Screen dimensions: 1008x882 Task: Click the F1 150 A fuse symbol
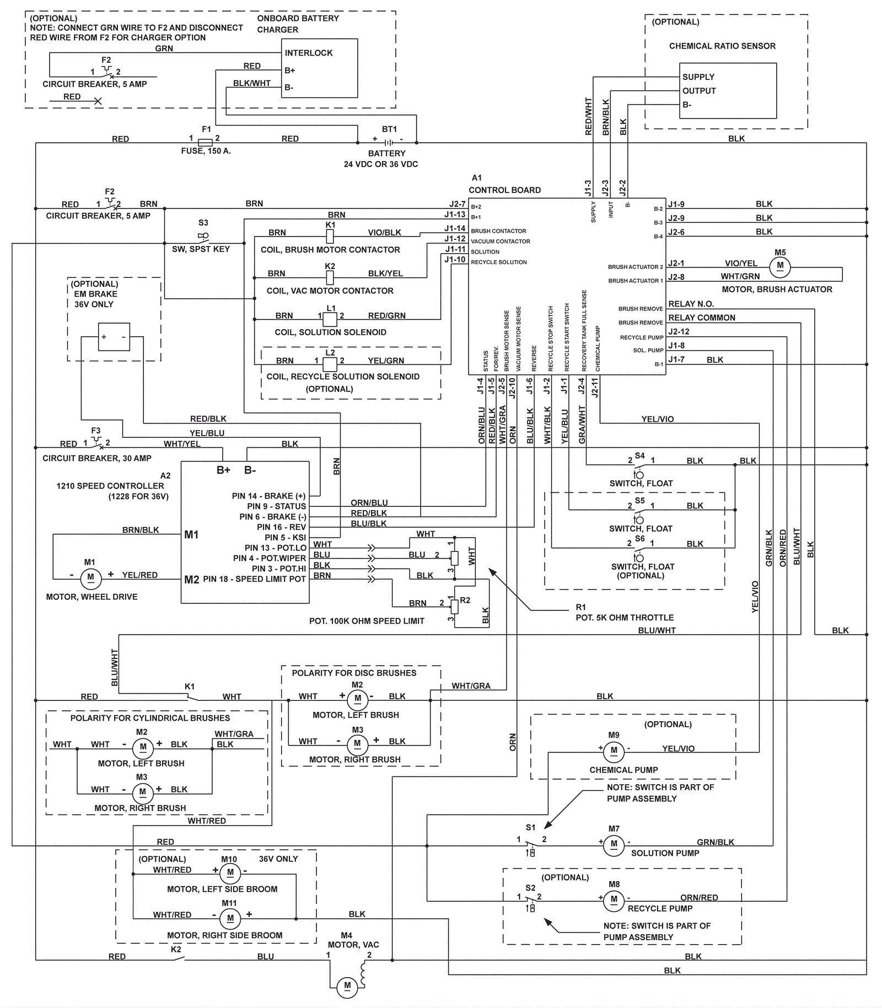[x=205, y=143]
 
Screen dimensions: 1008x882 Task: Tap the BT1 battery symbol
[x=389, y=142]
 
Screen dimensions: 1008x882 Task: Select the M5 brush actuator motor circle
[x=780, y=266]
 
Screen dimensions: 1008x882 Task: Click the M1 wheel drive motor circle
[x=90, y=577]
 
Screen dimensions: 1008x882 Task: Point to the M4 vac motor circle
[x=347, y=985]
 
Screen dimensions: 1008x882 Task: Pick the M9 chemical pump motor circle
[x=614, y=750]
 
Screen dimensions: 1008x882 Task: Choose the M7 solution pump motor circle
[x=614, y=844]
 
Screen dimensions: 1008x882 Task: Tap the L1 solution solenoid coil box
[x=330, y=319]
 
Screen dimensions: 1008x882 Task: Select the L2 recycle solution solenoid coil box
[x=330, y=364]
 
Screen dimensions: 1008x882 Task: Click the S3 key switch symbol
[x=203, y=237]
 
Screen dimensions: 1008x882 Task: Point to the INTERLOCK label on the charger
[x=309, y=53]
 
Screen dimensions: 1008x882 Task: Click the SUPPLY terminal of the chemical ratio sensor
[x=698, y=77]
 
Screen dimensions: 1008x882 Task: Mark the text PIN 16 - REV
[x=281, y=527]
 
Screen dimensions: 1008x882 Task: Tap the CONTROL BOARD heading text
[x=504, y=190]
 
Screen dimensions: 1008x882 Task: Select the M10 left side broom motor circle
[x=230, y=872]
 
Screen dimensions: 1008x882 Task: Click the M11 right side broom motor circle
[x=230, y=918]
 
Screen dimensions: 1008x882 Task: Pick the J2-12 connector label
[x=679, y=331]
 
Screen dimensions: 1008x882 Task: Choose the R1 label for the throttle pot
[x=580, y=607]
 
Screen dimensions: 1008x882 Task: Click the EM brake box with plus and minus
[x=114, y=337]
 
